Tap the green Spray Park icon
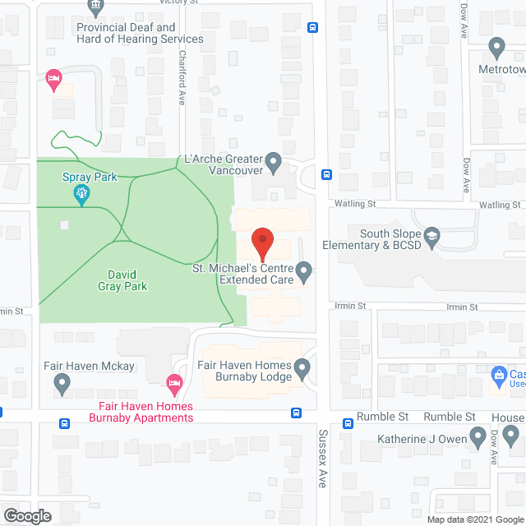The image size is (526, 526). coord(81,195)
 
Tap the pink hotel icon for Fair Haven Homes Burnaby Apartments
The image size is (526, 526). coord(173,383)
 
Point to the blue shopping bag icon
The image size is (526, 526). coord(498,376)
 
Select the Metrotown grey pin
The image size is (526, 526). coord(496,47)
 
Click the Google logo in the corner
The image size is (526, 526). coord(27,515)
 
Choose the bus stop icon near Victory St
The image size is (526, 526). coord(313,26)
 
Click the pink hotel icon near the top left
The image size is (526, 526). coord(53,79)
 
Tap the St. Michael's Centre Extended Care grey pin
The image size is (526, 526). coord(304,270)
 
